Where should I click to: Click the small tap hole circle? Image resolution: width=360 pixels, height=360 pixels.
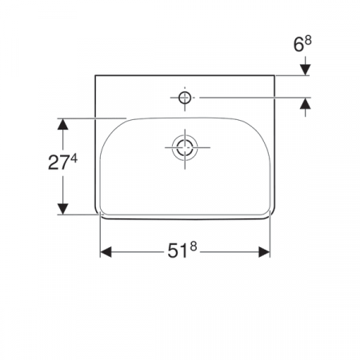(184, 98)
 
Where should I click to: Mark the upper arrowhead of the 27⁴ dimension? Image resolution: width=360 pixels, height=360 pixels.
(60, 123)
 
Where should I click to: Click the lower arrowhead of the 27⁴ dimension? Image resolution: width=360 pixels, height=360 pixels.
(60, 210)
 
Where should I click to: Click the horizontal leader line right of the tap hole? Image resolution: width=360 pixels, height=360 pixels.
(240, 98)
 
